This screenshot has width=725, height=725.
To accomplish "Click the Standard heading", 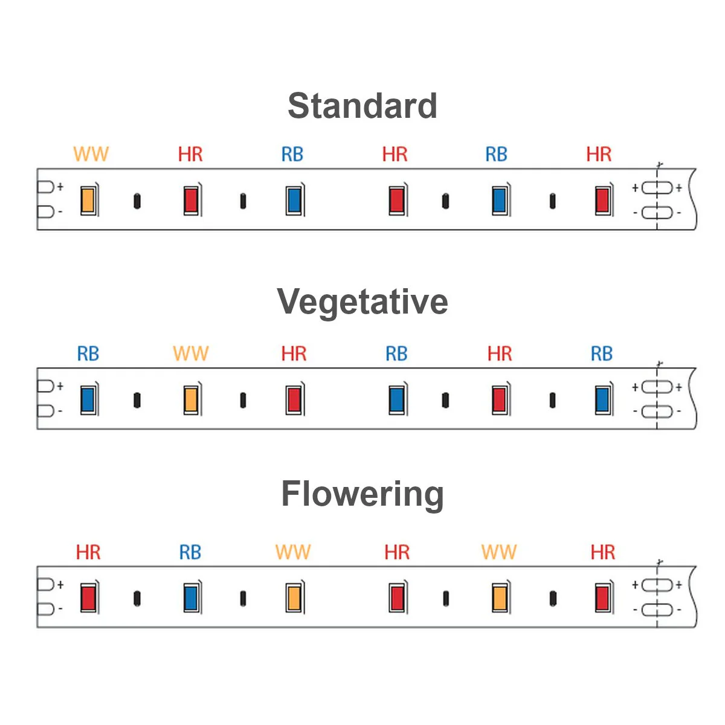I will (x=362, y=106).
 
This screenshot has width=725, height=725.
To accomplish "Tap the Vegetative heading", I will (x=362, y=301).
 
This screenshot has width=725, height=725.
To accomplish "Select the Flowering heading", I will (x=362, y=494).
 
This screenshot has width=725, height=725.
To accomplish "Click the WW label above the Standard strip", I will (x=91, y=154).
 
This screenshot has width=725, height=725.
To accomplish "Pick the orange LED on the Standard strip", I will (x=88, y=200).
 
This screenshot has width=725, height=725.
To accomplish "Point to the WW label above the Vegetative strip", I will (x=190, y=353).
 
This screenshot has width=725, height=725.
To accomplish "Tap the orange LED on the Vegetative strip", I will (x=191, y=399).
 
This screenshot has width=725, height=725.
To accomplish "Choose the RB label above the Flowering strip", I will (x=190, y=552).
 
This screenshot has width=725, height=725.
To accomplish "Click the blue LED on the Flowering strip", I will (x=191, y=598).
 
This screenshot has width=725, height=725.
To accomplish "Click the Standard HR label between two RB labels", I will (x=395, y=154).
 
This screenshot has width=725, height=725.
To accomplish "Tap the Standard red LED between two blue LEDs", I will (x=396, y=200).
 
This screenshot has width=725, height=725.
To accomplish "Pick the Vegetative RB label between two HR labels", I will (x=396, y=353).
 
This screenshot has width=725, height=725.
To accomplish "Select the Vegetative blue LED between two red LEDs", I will (x=396, y=399).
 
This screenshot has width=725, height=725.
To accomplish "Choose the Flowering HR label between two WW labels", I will (x=397, y=552).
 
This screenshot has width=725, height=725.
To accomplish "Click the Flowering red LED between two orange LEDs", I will (x=397, y=598).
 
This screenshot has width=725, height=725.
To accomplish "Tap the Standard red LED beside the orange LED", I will (x=191, y=200).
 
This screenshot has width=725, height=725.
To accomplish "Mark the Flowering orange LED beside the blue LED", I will (x=294, y=598).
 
